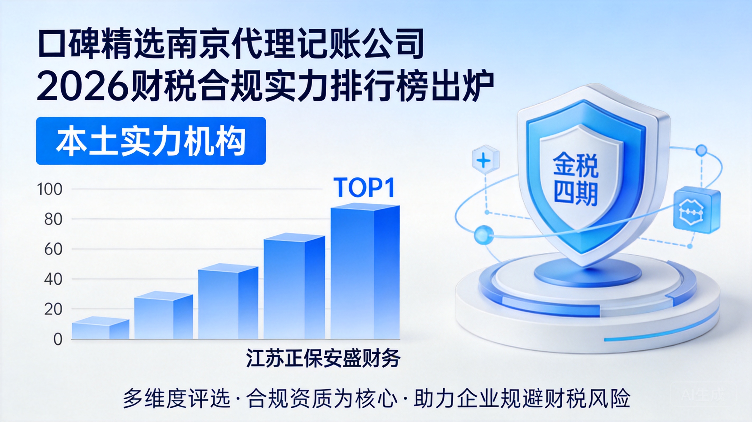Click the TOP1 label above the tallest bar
(x=364, y=188)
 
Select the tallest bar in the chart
(x=365, y=271)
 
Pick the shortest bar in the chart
(x=100, y=328)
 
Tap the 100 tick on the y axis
(x=50, y=189)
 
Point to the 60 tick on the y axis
(x=53, y=250)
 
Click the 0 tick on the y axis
(x=58, y=339)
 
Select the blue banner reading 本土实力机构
(x=151, y=141)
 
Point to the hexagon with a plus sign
(x=486, y=160)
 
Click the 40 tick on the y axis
(x=53, y=279)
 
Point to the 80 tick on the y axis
(x=53, y=219)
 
